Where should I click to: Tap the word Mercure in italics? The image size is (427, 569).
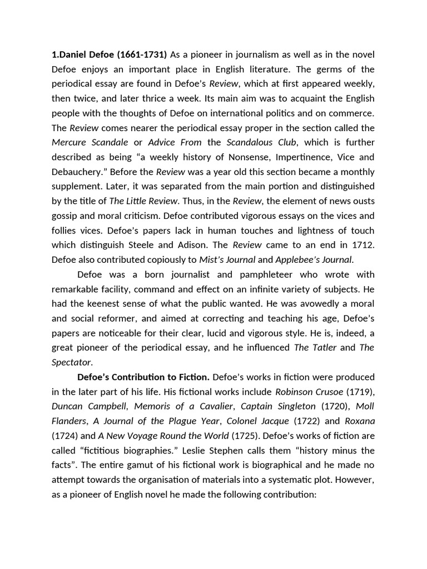(70, 142)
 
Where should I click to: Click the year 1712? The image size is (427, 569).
(363, 244)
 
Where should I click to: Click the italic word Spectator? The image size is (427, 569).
(72, 362)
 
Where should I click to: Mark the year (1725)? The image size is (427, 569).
(245, 435)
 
